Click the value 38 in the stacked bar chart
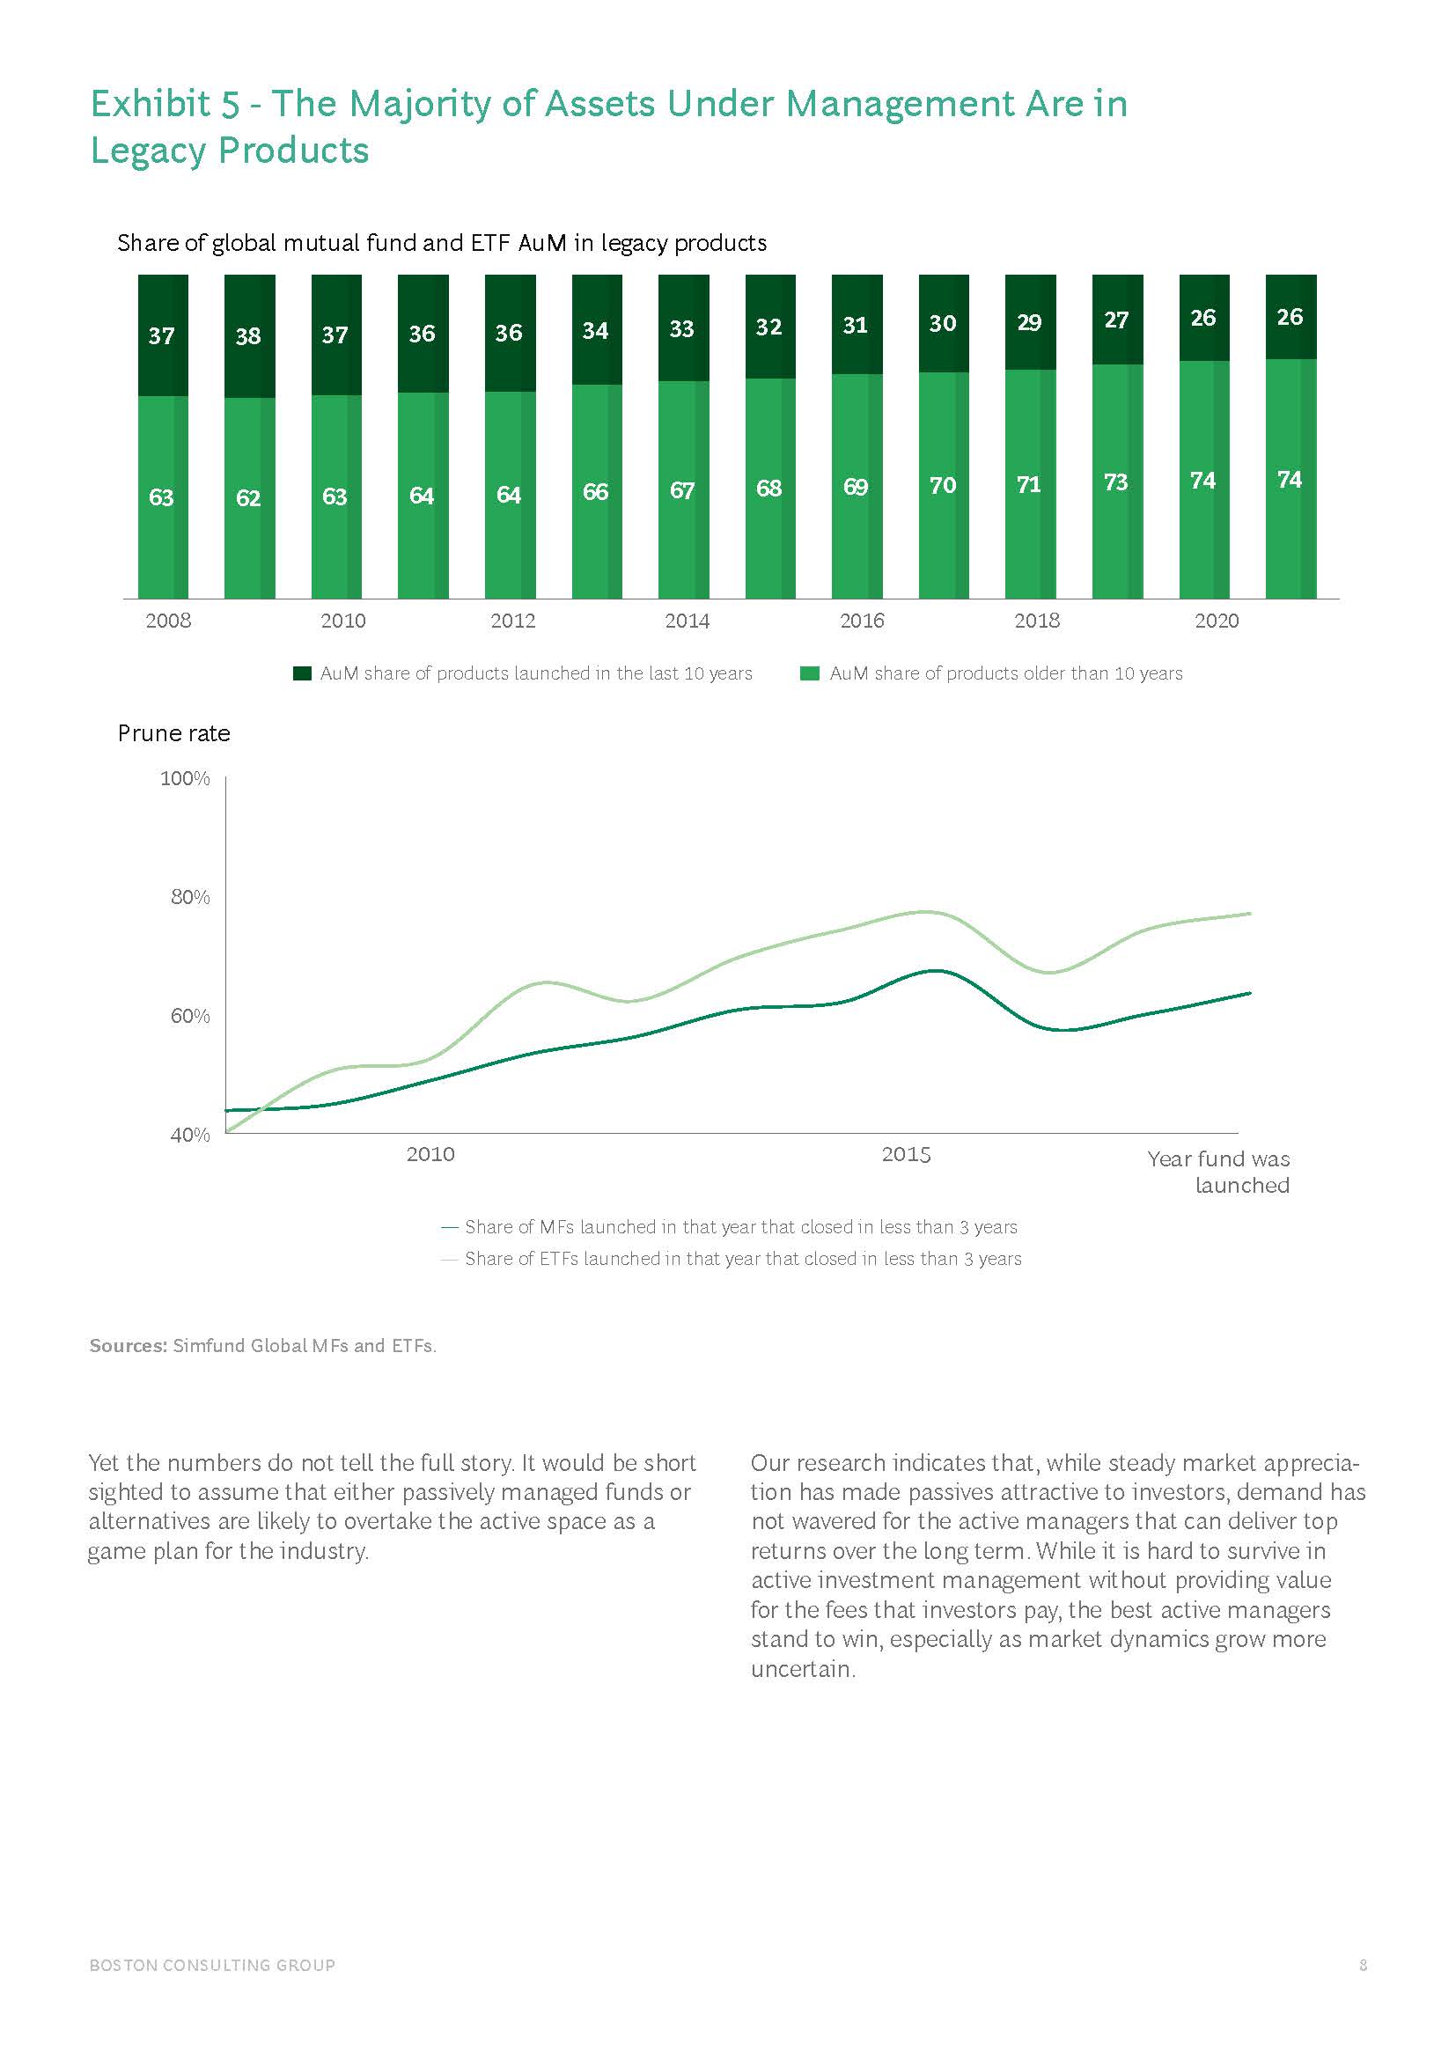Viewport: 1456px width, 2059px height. pyautogui.click(x=248, y=336)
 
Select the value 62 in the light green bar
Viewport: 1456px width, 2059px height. pyautogui.click(x=248, y=497)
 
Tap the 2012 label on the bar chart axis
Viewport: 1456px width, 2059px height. pyautogui.click(x=513, y=621)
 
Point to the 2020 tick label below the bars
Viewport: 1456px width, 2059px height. pyautogui.click(x=1217, y=621)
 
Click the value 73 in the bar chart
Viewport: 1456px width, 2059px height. pyautogui.click(x=1115, y=482)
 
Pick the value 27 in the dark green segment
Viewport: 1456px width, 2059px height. pyautogui.click(x=1115, y=320)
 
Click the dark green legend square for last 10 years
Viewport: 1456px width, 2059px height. pyautogui.click(x=302, y=673)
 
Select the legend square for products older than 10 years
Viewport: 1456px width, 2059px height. pyautogui.click(x=810, y=673)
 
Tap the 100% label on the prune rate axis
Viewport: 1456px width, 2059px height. pyautogui.click(x=186, y=778)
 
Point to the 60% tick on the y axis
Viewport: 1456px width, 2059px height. pyautogui.click(x=190, y=1016)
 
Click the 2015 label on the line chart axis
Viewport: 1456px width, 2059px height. pyautogui.click(x=906, y=1154)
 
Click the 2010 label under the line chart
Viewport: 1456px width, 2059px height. pyautogui.click(x=430, y=1154)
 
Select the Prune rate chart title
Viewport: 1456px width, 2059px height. pyautogui.click(x=174, y=733)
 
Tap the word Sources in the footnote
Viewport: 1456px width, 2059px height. pyautogui.click(x=129, y=1345)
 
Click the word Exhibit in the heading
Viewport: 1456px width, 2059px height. pyautogui.click(x=151, y=104)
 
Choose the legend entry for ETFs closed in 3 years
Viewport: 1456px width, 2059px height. pyautogui.click(x=742, y=1258)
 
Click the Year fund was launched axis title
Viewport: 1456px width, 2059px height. pyautogui.click(x=1218, y=1171)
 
